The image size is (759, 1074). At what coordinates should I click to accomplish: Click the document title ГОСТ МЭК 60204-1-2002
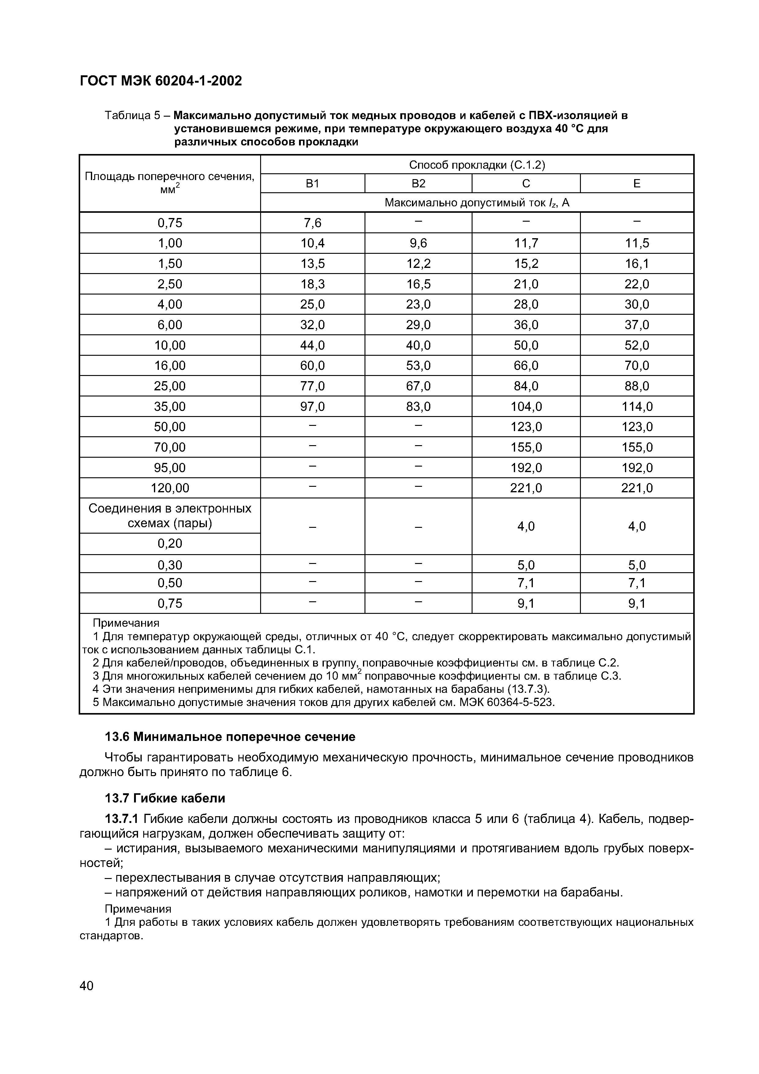(161, 81)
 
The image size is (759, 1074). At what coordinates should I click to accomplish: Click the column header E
(637, 184)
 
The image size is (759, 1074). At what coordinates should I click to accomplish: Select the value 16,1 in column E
(637, 264)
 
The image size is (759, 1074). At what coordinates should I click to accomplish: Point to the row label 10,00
(170, 346)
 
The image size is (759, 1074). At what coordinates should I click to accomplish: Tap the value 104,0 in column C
(526, 407)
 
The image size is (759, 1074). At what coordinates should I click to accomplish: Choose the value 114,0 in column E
(637, 407)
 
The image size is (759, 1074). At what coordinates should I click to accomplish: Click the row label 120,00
(170, 488)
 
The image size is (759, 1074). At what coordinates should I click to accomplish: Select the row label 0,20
(170, 543)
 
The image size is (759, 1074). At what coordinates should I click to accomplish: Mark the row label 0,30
(170, 565)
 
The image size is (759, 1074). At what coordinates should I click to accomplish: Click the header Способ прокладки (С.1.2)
(477, 165)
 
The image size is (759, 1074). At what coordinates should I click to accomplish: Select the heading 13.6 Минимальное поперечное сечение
(230, 737)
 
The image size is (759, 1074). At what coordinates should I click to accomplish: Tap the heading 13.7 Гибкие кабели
(165, 798)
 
